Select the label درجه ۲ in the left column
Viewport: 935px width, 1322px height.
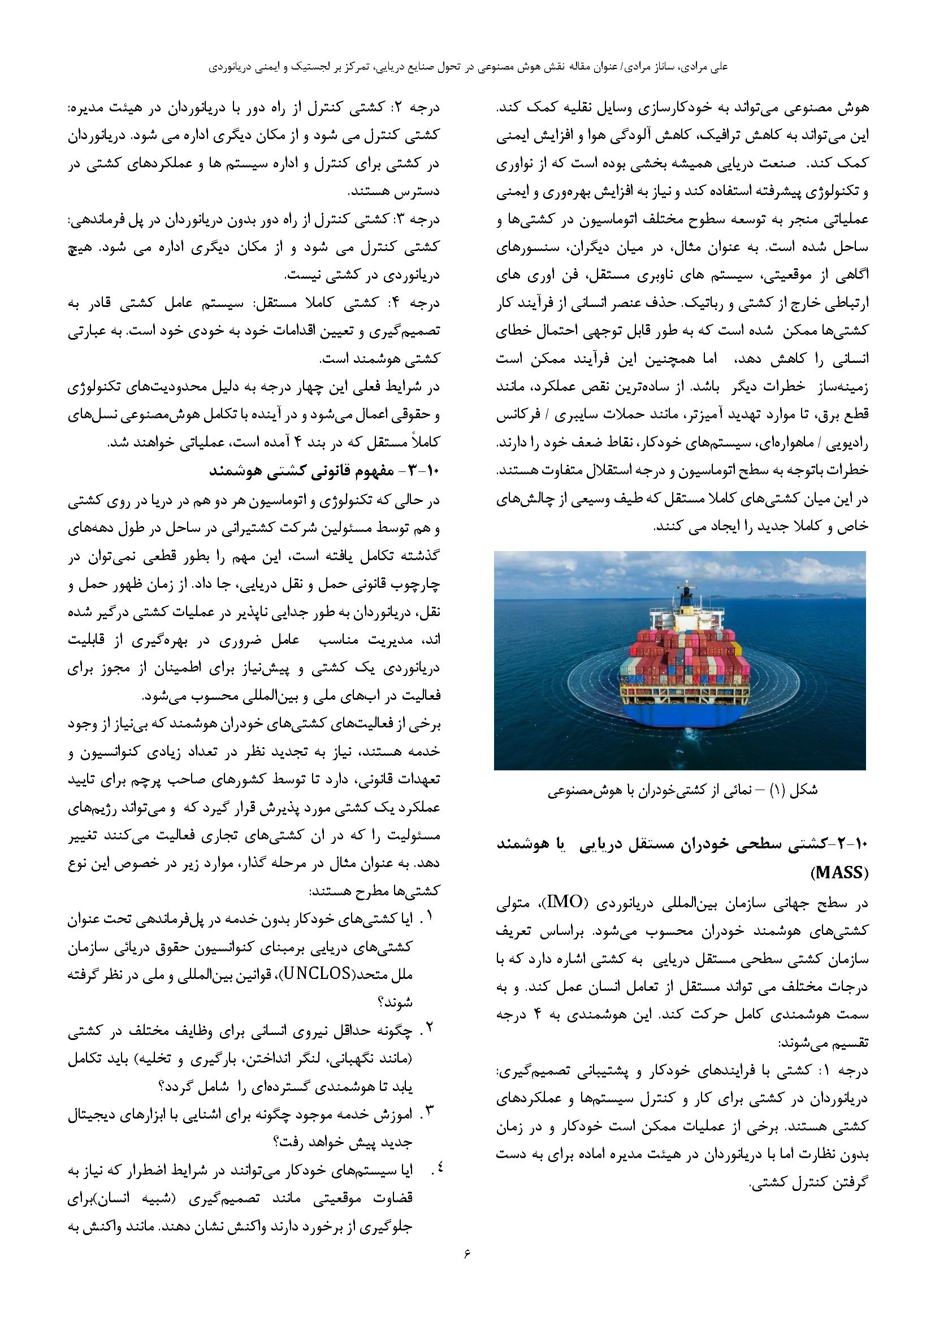[424, 108]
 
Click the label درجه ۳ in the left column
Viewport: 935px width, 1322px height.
[424, 219]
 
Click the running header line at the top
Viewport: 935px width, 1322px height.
[467, 67]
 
